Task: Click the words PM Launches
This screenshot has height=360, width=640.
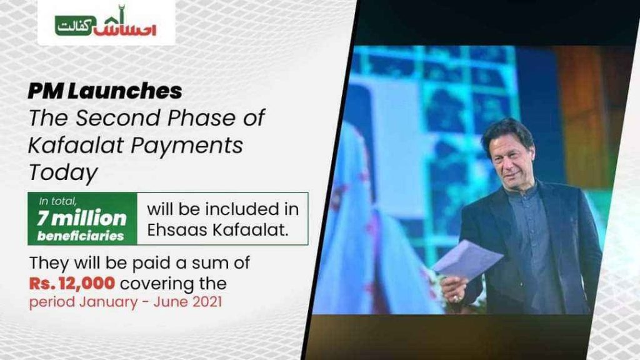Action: click(x=104, y=91)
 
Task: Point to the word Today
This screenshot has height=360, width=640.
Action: click(x=62, y=172)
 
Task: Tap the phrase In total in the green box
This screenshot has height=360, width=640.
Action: click(x=59, y=201)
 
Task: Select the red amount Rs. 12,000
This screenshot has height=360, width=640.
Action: click(x=71, y=283)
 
